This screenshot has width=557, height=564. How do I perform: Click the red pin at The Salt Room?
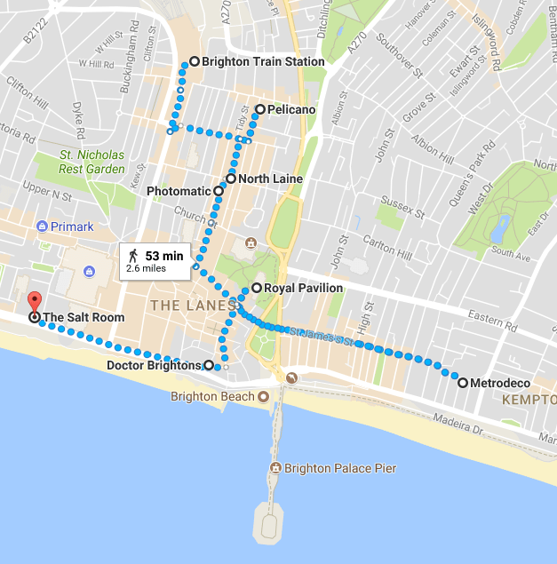[34, 302]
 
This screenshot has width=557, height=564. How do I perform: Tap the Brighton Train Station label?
[262, 62]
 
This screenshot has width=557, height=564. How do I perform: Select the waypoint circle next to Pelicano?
[259, 110]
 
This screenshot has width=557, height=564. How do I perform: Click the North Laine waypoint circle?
[231, 179]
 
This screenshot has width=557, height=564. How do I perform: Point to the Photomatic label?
[178, 191]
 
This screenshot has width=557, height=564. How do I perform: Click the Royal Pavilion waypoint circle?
[257, 288]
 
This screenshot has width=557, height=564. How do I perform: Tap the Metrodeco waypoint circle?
[463, 383]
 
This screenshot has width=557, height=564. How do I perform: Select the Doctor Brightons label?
[155, 365]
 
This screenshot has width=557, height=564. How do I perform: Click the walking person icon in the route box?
[133, 256]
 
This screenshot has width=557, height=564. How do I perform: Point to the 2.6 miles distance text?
[147, 267]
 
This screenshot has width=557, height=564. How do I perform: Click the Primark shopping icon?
[42, 226]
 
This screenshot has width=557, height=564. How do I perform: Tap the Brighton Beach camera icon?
[263, 396]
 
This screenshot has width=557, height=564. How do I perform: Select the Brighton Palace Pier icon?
[276, 468]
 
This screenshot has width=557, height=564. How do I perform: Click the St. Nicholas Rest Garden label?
[92, 162]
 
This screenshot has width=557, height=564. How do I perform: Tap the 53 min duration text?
[163, 256]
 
